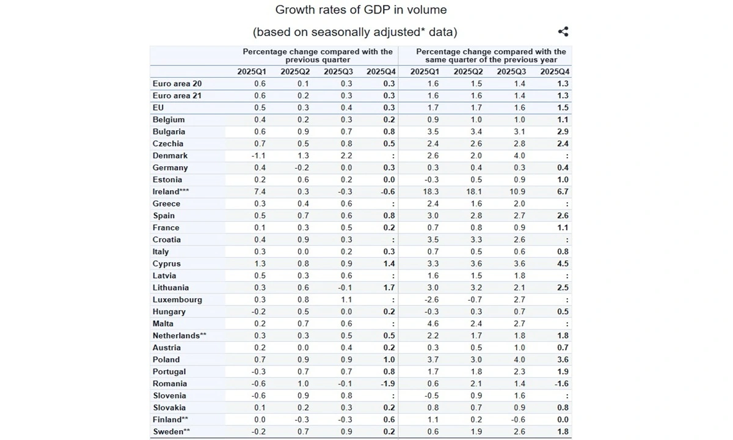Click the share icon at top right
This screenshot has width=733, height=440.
click(563, 32)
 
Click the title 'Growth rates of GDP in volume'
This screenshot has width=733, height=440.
click(360, 10)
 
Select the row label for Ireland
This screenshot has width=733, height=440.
click(166, 192)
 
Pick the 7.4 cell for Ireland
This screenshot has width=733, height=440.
click(260, 192)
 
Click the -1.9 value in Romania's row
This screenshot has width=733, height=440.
click(388, 384)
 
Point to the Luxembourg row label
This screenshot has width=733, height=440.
click(177, 299)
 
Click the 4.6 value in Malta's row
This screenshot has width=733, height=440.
click(433, 324)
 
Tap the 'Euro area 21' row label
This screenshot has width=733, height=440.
click(177, 96)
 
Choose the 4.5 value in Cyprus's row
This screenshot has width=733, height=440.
click(563, 264)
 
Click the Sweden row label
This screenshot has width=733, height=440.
click(172, 431)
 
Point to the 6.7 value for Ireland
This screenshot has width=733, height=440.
click(563, 192)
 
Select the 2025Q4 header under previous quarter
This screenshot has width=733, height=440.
click(381, 72)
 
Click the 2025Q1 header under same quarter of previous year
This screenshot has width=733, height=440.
click(425, 72)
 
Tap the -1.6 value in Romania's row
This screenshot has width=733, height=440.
click(561, 384)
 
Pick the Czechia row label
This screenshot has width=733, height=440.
click(168, 144)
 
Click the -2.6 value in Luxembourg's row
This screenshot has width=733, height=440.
click(432, 299)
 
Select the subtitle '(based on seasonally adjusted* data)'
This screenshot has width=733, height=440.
click(355, 32)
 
